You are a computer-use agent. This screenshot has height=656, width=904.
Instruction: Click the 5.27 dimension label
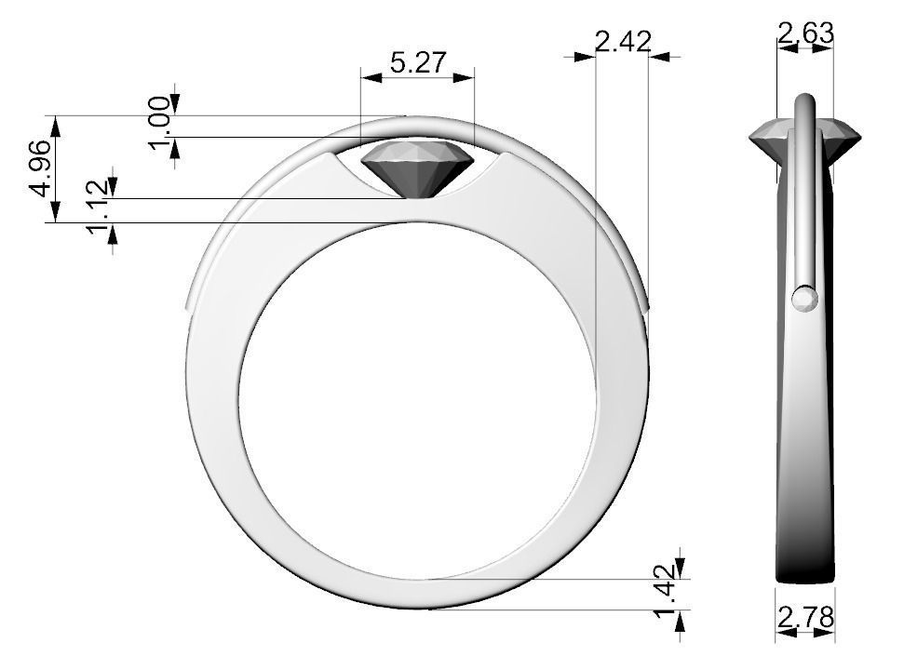point(418,63)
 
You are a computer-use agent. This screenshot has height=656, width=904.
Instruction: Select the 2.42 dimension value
point(621,42)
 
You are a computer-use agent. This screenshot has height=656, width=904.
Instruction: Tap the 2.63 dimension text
point(805,33)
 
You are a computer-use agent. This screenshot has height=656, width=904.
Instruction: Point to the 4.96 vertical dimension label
point(40,168)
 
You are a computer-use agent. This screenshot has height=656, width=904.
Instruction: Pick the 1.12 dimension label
point(101,209)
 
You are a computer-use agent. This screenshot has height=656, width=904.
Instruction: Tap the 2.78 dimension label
point(805,616)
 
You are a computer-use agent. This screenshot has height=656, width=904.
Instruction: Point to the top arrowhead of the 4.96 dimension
point(56,124)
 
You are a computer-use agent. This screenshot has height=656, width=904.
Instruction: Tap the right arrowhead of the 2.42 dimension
point(657,57)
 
